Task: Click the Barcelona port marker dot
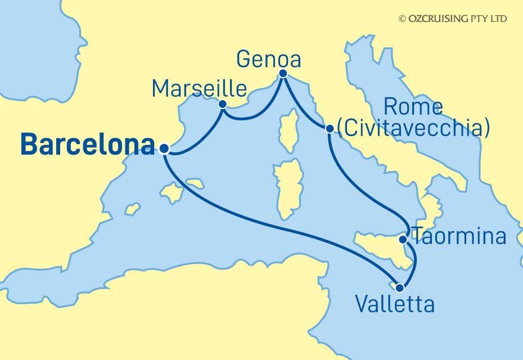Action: point(164,149)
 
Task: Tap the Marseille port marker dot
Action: point(223,104)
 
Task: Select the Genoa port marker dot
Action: point(283,74)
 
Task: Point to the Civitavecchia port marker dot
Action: point(330,129)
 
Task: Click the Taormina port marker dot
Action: point(403,240)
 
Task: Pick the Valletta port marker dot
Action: point(400,288)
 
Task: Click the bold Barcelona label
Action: point(87,145)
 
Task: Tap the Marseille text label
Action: point(199,88)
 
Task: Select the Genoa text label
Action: point(269,58)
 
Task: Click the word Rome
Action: point(413,107)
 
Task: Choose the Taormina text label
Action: point(459,237)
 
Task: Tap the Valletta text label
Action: point(395,305)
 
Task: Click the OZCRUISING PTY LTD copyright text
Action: point(453,19)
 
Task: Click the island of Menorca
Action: point(195,183)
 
